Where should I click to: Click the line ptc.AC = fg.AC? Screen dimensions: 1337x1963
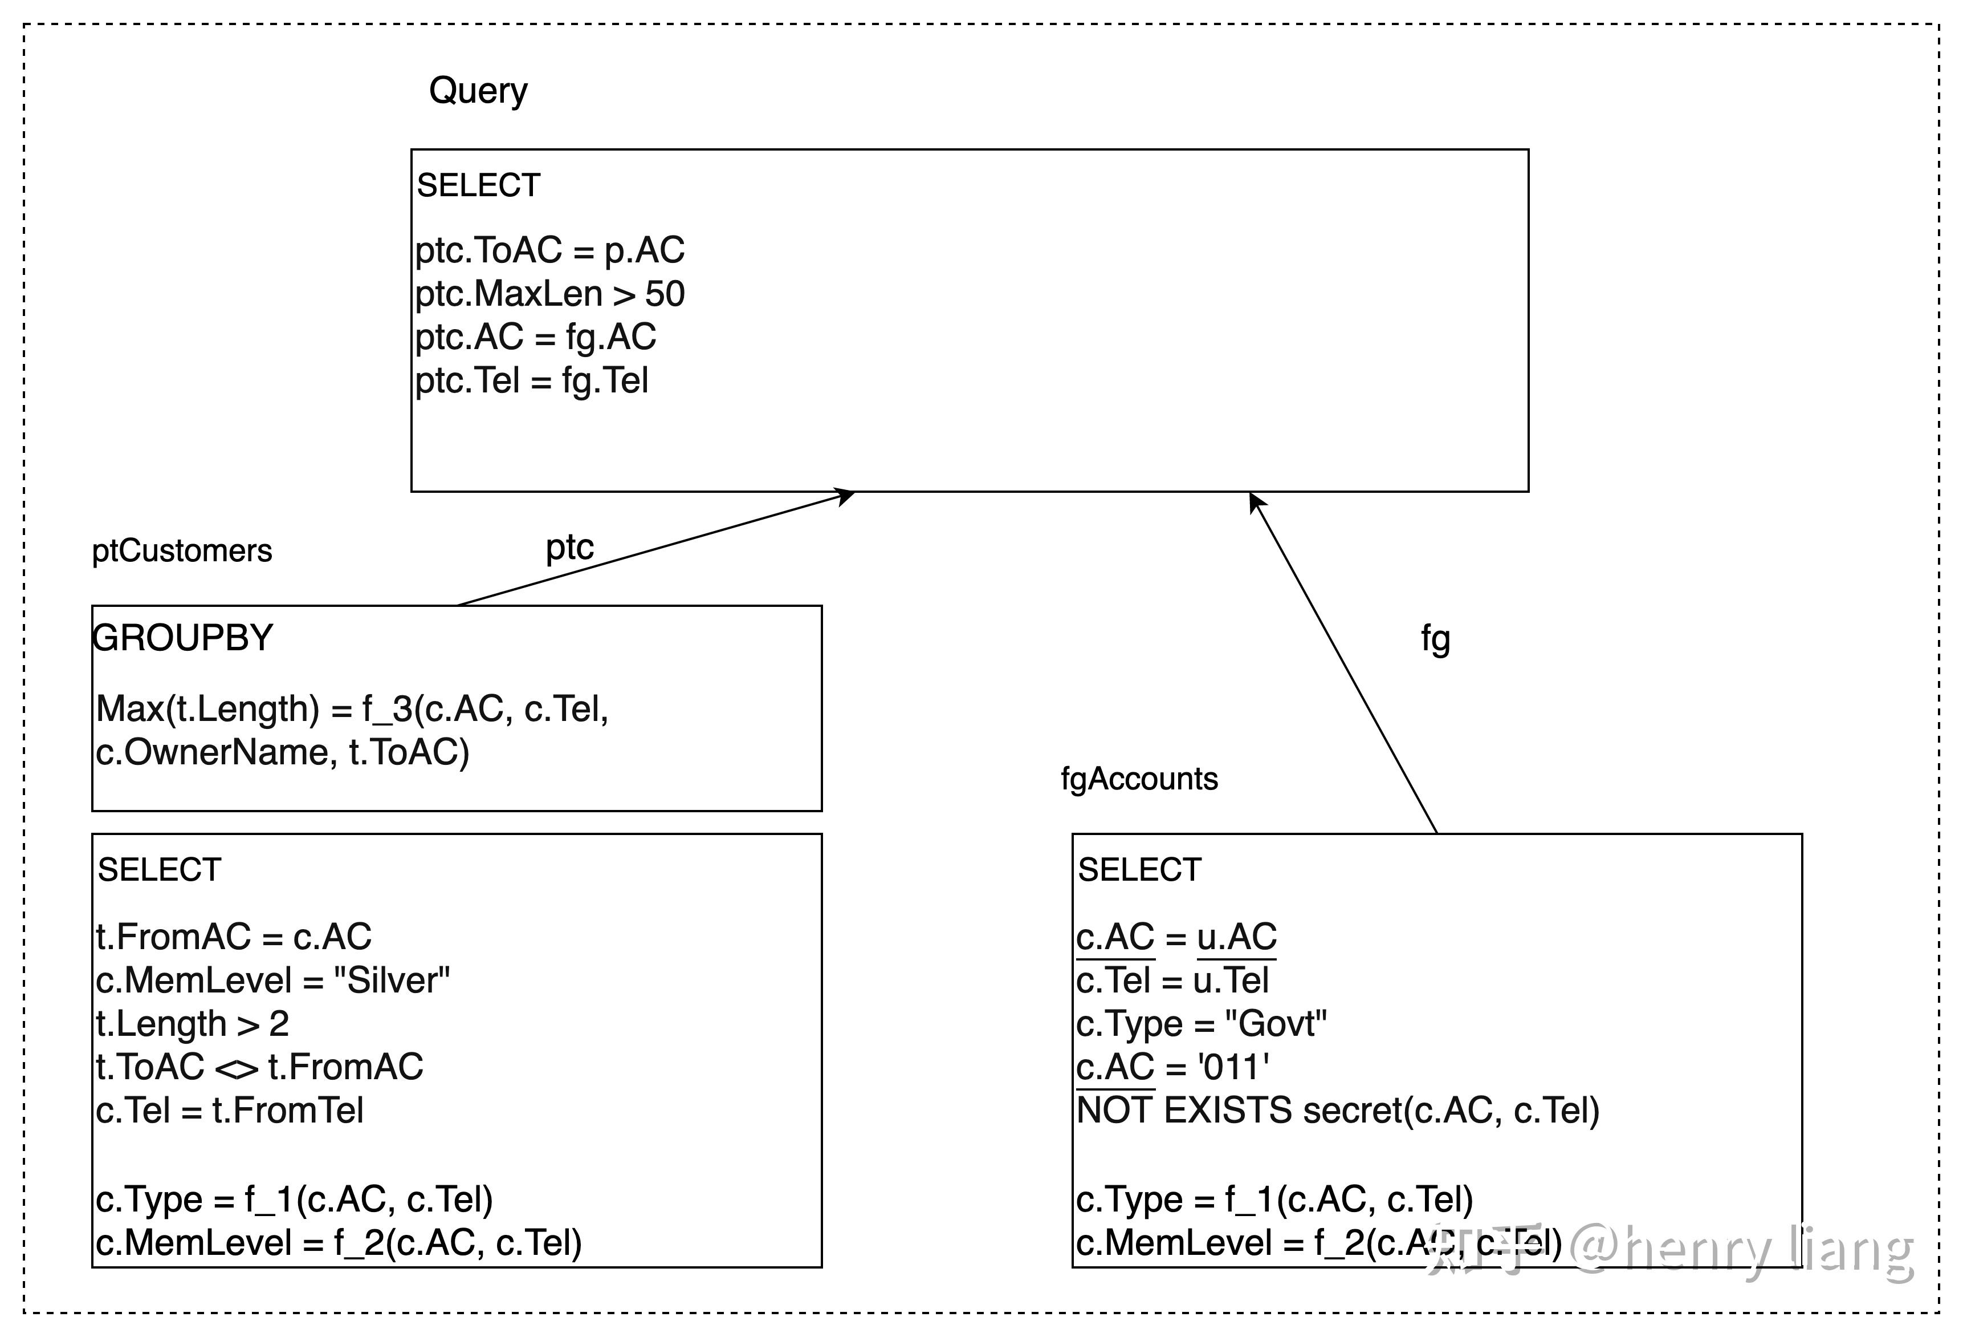536,337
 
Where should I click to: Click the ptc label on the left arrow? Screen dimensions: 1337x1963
569,548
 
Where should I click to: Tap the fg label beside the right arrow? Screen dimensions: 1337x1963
1435,638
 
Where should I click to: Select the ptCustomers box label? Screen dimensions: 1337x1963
182,551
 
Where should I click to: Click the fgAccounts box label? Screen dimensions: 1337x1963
1139,779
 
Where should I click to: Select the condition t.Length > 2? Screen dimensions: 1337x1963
193,1023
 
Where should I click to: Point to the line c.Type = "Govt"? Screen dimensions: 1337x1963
1201,1023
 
